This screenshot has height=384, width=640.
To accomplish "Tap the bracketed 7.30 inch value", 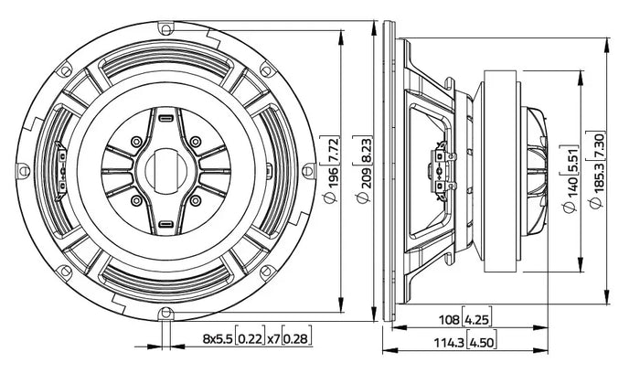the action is [x=597, y=144].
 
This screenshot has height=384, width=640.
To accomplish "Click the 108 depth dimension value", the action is [x=449, y=319].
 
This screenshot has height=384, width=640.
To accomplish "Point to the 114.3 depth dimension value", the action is [x=448, y=343].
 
